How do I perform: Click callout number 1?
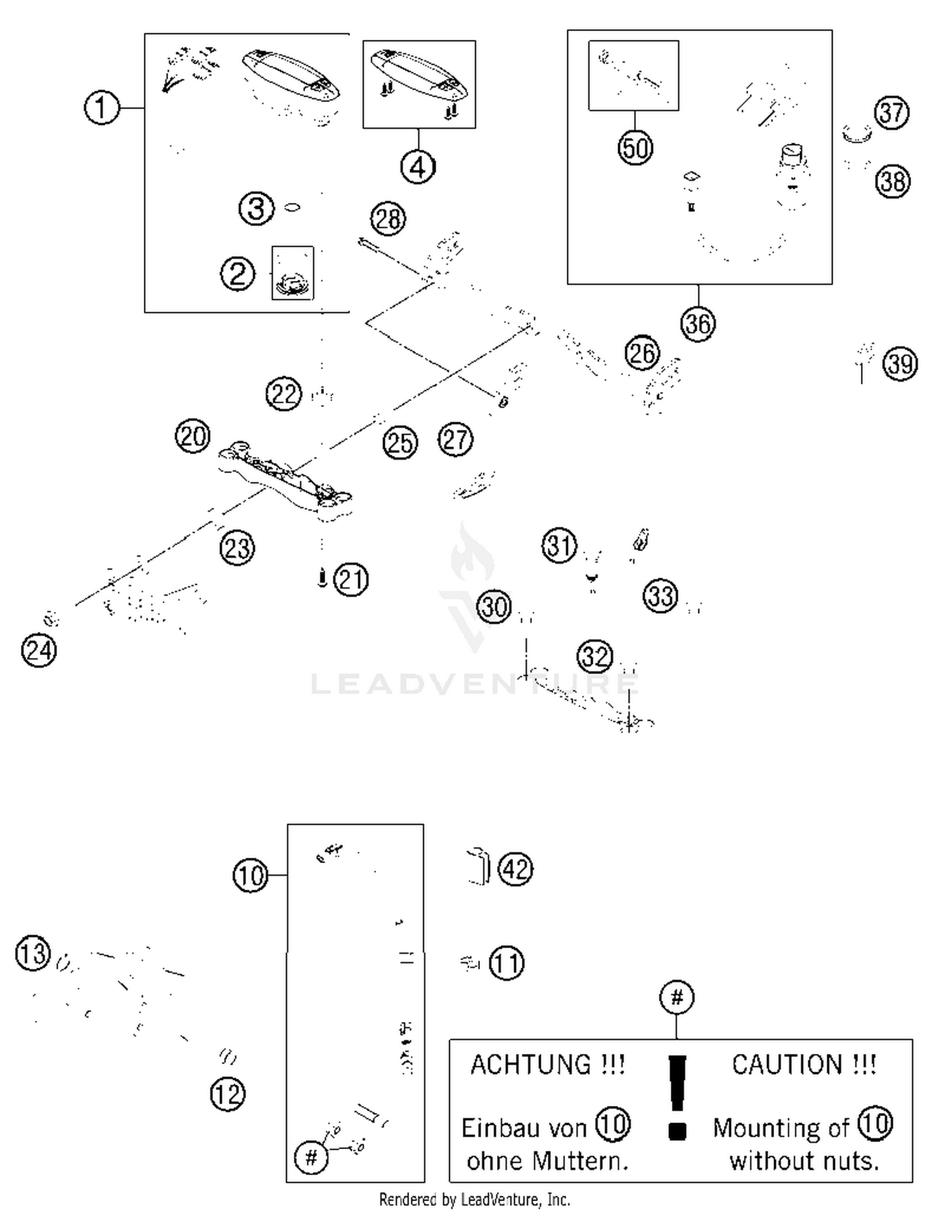click(101, 108)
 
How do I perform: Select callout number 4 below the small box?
click(418, 167)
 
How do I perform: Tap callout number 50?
click(635, 148)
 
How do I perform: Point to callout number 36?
click(698, 324)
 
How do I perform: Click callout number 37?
click(892, 113)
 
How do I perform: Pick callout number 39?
click(900, 364)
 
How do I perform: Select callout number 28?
click(388, 219)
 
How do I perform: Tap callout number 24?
click(39, 651)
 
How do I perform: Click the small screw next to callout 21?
click(322, 578)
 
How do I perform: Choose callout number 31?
click(559, 545)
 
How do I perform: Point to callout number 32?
click(595, 656)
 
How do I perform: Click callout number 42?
click(515, 869)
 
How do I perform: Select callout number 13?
click(32, 953)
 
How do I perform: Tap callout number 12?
click(228, 1094)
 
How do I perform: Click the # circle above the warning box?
click(676, 997)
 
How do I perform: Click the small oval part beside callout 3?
click(292, 207)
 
